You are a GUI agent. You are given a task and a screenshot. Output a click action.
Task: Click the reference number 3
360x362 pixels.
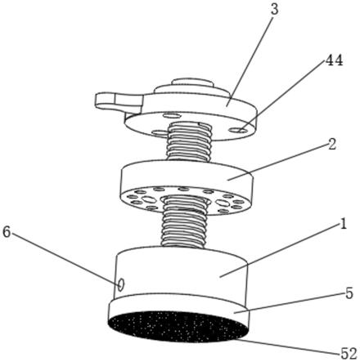(275, 9)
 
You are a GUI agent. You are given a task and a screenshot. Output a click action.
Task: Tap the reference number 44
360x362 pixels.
(335, 60)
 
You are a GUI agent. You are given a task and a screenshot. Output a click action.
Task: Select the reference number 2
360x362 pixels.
(332, 145)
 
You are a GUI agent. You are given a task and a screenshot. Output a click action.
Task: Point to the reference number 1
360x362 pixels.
(343, 224)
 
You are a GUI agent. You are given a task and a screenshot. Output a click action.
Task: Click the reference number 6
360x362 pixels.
(7, 232)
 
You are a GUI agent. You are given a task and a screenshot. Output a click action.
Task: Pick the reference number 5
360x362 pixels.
(349, 293)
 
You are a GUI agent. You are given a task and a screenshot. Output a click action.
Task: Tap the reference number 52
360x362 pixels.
(349, 353)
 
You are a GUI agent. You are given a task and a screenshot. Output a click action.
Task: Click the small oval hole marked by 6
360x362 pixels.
(121, 284)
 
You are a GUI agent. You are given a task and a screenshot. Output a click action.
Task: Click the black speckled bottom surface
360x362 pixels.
(178, 326)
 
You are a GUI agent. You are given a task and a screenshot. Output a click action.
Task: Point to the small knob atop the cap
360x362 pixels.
(192, 82)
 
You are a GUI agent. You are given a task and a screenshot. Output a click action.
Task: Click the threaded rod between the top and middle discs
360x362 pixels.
(190, 141)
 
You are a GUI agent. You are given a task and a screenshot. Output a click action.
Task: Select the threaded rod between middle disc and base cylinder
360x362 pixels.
(184, 222)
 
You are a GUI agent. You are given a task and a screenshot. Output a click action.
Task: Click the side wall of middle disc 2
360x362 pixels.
(187, 177)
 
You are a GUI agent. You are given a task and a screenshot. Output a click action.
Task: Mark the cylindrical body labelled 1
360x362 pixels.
(182, 272)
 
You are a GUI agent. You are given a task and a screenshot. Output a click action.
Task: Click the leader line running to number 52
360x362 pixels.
(289, 346)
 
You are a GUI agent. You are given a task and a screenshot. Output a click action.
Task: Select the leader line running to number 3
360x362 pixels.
(250, 59)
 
